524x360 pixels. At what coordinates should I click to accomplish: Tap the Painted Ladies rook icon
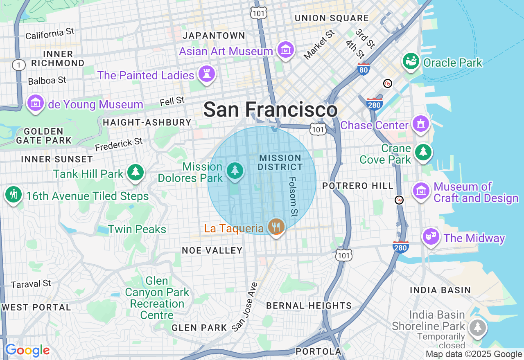(207, 74)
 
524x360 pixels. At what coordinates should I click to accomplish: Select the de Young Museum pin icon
(36, 103)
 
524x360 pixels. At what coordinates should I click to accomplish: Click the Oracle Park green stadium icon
(411, 61)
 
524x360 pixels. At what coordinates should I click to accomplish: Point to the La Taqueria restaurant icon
(276, 226)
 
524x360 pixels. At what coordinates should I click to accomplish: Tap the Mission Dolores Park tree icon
(235, 170)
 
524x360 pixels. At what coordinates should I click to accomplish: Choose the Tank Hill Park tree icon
(135, 172)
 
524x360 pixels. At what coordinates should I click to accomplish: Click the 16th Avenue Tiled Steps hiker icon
(14, 195)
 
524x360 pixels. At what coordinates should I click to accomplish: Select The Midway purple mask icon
(431, 236)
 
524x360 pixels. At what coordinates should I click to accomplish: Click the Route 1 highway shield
(18, 65)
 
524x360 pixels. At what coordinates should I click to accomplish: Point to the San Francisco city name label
(270, 110)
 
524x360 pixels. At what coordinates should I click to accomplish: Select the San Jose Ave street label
(244, 306)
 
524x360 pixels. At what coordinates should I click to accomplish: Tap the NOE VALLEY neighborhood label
(212, 250)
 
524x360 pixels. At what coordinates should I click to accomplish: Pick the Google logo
(27, 350)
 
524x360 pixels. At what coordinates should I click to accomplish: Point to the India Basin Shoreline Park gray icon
(478, 327)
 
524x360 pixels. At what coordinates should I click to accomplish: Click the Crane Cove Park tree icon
(423, 152)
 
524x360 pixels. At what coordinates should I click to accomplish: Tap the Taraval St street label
(31, 283)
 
